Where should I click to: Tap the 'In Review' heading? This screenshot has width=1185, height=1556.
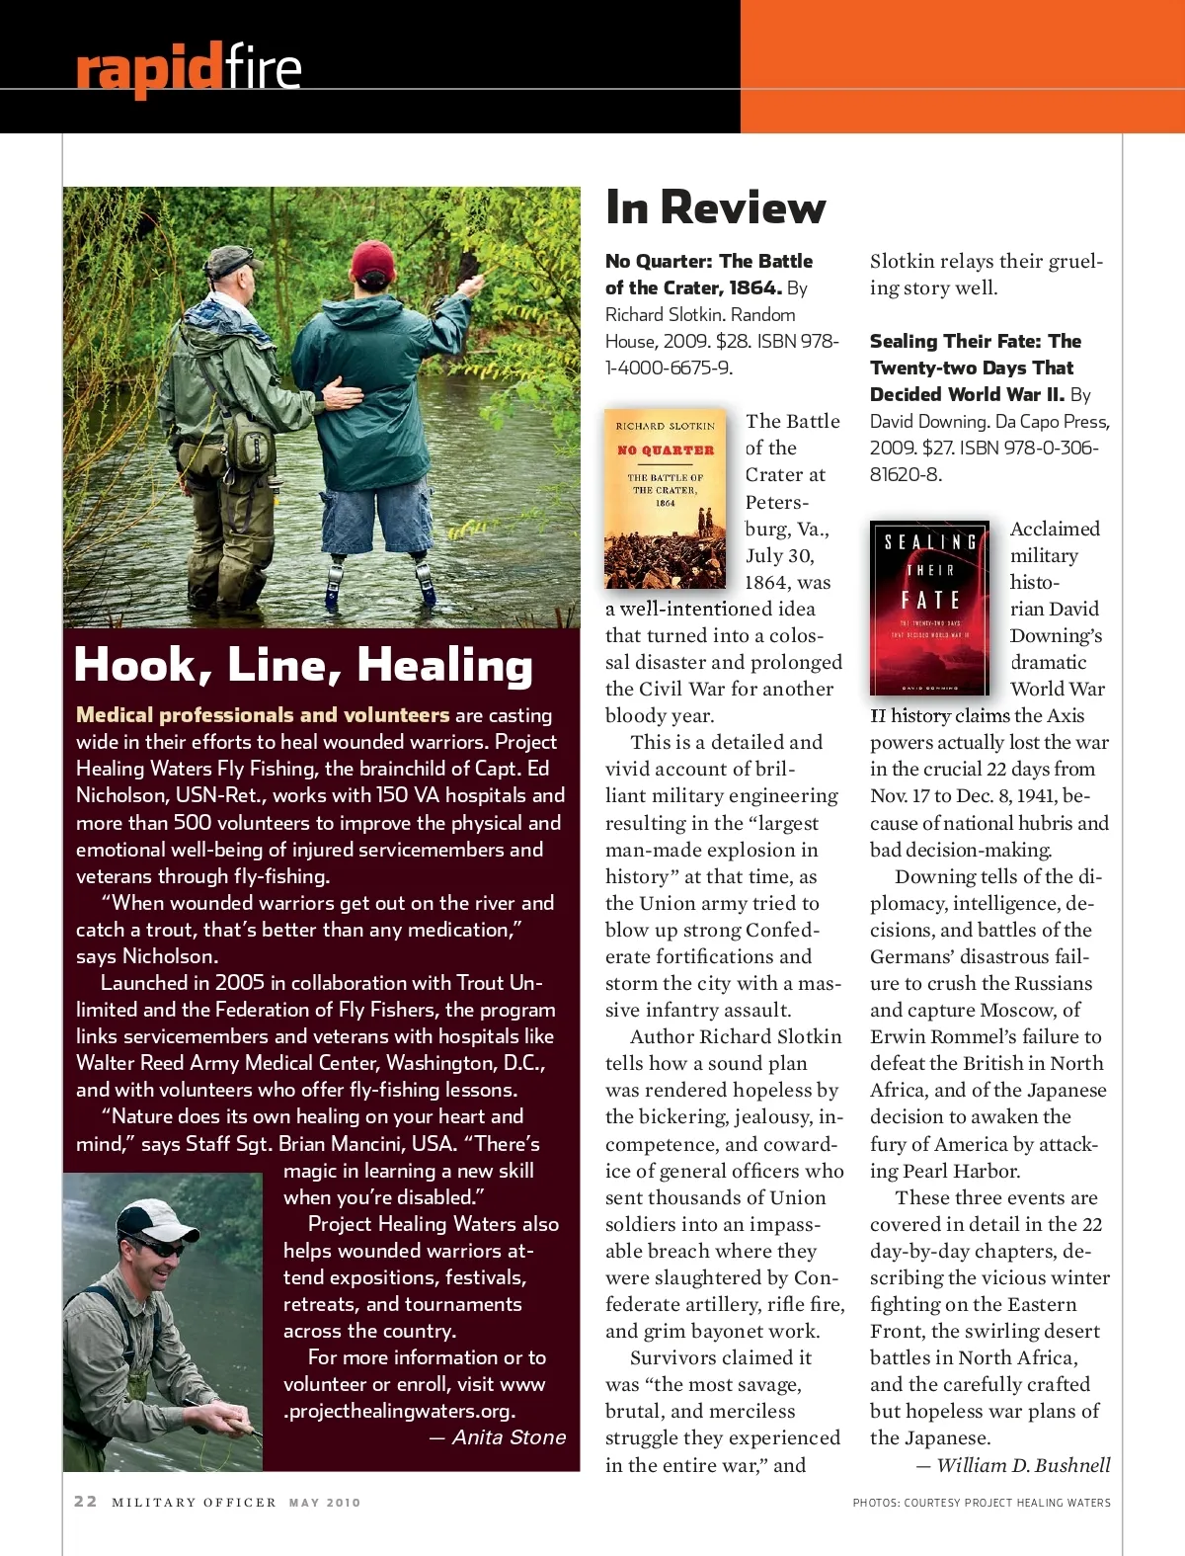pos(715,207)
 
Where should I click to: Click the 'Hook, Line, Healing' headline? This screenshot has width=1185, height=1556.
pos(303,665)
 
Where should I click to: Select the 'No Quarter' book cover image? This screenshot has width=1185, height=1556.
pos(665,498)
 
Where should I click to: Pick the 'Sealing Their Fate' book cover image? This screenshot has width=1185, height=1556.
pos(929,607)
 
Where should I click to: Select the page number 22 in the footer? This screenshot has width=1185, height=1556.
pos(86,1502)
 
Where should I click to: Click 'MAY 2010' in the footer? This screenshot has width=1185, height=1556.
pos(325,1503)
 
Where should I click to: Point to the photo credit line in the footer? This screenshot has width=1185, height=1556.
pos(982,1503)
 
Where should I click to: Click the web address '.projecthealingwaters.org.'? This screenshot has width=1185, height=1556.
pos(399,1411)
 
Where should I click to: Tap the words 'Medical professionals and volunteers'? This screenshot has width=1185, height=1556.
pos(263,715)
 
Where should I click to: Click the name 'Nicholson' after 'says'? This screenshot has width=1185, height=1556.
pos(168,956)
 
